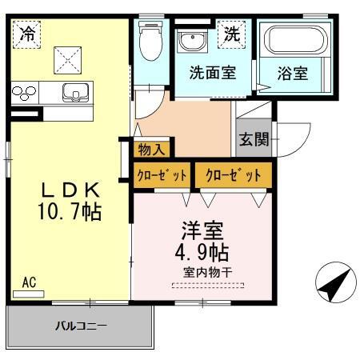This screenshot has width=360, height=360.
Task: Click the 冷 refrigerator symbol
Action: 28,34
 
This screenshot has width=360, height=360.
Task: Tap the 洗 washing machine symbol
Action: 232,34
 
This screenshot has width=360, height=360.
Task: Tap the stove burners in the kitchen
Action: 24,93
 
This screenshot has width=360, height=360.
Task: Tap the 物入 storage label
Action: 151,148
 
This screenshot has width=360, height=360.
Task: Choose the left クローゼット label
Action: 163,174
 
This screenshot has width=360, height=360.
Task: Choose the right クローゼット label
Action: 233,174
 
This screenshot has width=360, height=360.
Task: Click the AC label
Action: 29,282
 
